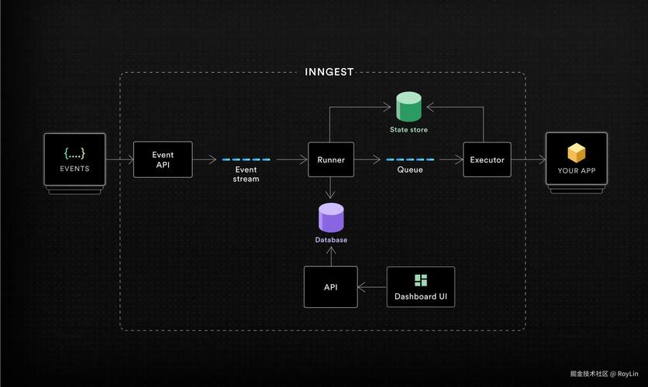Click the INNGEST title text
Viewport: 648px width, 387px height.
coord(329,72)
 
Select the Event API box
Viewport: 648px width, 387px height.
coord(162,159)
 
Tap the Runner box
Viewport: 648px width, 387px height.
coord(331,160)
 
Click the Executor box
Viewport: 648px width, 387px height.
coord(487,160)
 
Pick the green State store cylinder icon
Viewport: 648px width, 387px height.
coord(408,107)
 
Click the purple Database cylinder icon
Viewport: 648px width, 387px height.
coord(331,217)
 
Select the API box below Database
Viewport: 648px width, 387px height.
coord(331,287)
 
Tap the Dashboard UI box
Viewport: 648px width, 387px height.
coord(420,287)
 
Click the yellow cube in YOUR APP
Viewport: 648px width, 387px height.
coord(576,152)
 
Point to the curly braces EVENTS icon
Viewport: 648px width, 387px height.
coord(75,152)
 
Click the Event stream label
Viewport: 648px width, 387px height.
coord(246,174)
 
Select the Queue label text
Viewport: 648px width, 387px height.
coord(410,170)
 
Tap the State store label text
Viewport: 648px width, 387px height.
coord(408,129)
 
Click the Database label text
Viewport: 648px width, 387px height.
coord(331,240)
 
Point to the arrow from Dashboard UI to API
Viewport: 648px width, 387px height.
coord(372,287)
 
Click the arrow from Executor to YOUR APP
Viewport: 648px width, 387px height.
coord(528,160)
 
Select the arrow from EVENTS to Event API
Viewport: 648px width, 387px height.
coord(119,160)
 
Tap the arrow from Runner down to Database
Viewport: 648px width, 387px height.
coord(331,190)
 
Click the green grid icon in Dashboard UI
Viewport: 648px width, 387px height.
coord(421,280)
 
